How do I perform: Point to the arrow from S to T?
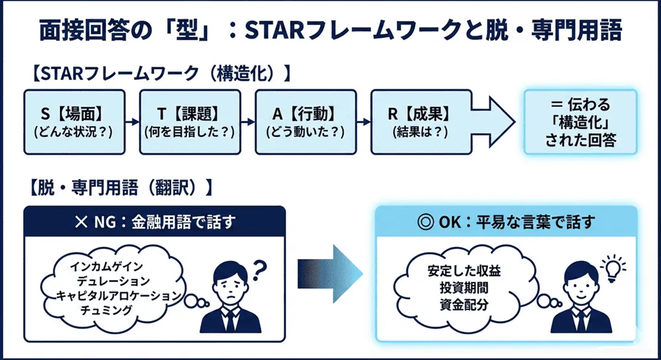[x=133, y=122]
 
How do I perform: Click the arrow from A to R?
[x=363, y=122]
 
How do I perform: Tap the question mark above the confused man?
[x=258, y=266]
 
